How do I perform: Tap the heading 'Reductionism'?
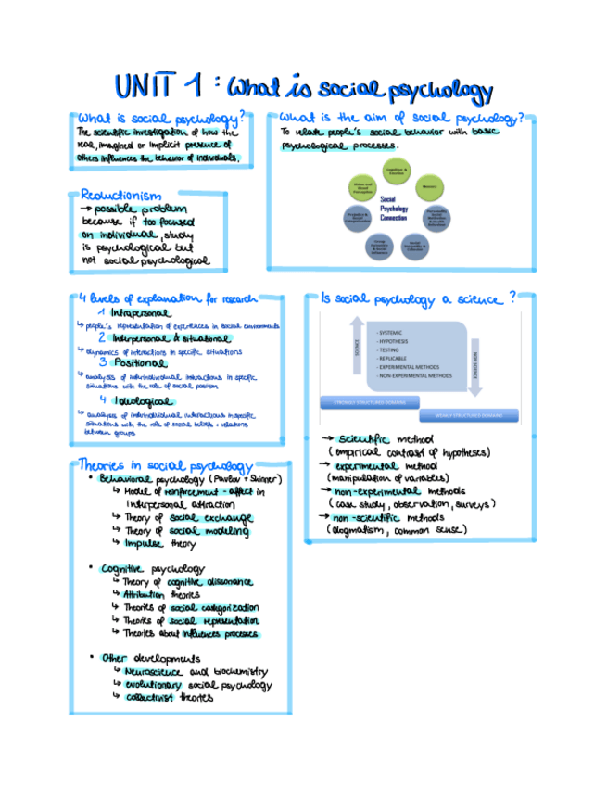coord(121,196)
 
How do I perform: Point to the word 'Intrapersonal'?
coord(140,313)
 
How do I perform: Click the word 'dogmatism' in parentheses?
coord(370,529)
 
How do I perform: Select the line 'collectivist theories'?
coord(169,697)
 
